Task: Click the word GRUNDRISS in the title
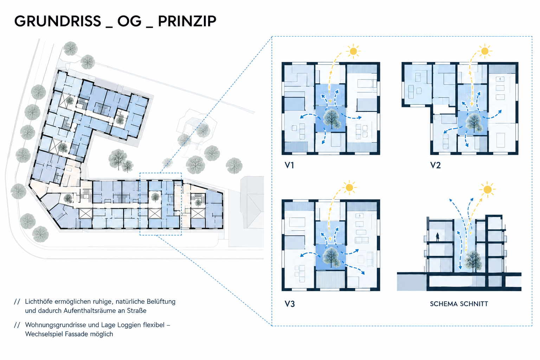[x=58, y=21]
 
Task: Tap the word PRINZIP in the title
[x=187, y=21]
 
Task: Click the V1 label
[x=289, y=165]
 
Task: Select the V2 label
[x=435, y=165]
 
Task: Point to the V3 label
[x=290, y=304]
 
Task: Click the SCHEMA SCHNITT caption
[x=459, y=304]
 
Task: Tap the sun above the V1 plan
[x=353, y=51]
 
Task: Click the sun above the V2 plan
[x=484, y=51]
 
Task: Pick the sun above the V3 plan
[x=349, y=188]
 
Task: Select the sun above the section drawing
[x=487, y=189]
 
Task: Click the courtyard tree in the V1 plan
[x=332, y=118]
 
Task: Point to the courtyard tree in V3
[x=332, y=257]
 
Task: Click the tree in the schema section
[x=473, y=261]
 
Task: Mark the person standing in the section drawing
[x=438, y=237]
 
